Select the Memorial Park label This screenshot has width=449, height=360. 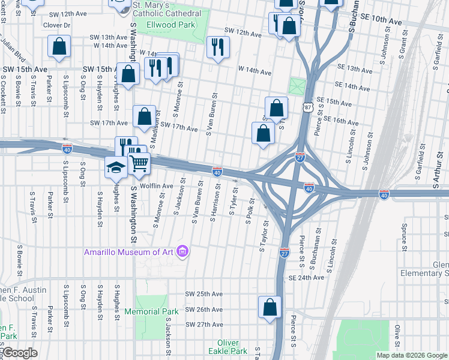point(151,311)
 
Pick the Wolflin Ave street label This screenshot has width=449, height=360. point(156,186)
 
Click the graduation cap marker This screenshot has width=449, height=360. point(116,168)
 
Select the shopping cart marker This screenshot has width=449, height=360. point(139,162)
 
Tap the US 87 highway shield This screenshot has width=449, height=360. point(307,106)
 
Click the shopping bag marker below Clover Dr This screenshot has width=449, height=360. point(59,47)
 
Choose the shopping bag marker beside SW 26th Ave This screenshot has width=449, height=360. point(270,307)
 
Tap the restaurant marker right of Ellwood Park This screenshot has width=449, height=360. point(218,46)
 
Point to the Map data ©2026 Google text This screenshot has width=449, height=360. point(411,355)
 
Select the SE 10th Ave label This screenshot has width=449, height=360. point(382,21)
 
